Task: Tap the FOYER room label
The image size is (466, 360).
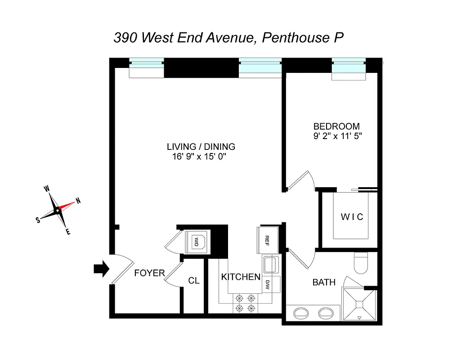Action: (x=149, y=273)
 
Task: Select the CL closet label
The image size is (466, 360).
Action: (x=194, y=281)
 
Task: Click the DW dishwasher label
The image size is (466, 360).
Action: (x=267, y=284)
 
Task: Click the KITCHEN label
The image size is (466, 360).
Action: (x=241, y=277)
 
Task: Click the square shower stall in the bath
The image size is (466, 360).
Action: (x=359, y=305)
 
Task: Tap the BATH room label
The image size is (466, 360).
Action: (x=324, y=283)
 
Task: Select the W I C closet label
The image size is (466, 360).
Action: (x=351, y=217)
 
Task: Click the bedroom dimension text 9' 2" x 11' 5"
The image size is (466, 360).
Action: (x=338, y=135)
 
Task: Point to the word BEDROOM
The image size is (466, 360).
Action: (x=336, y=126)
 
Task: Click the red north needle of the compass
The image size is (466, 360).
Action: (x=67, y=206)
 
